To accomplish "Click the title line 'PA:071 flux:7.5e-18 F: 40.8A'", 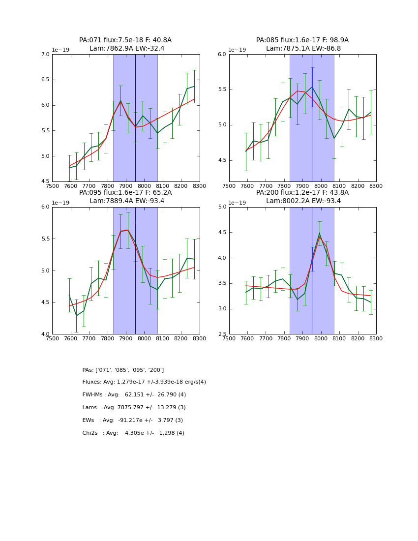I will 125,40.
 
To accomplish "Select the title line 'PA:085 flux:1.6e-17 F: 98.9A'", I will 302,40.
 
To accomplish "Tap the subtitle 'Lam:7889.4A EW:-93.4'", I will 125,201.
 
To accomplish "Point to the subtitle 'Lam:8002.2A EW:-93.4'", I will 302,201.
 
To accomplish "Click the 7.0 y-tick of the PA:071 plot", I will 45,54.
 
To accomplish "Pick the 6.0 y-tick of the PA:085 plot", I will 222,54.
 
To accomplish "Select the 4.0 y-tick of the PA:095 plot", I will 45,334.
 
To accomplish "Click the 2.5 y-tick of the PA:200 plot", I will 222,334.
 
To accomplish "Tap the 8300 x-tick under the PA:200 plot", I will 376,338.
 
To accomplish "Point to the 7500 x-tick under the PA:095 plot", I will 52,338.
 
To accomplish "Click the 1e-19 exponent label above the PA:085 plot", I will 237,50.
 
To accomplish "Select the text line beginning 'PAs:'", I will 123,370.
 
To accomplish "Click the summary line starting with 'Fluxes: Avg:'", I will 144,382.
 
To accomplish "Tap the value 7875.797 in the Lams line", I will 132,408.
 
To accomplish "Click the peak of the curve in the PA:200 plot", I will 320,233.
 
